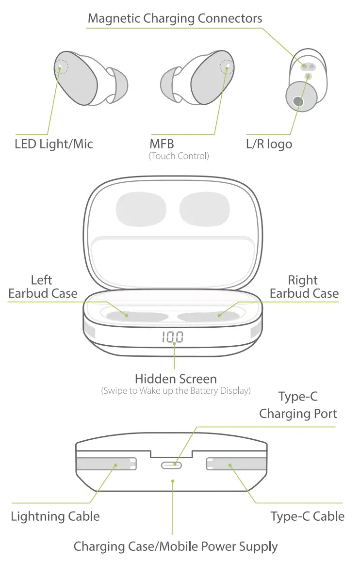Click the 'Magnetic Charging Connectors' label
(175, 19)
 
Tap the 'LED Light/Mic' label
(54, 144)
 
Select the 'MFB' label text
(162, 144)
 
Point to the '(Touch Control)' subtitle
(179, 156)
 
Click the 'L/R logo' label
(269, 144)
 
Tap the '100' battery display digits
(173, 337)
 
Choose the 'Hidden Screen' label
(176, 379)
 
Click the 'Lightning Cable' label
(55, 516)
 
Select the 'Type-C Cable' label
(308, 516)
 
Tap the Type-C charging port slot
(172, 465)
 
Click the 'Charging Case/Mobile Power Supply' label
(176, 547)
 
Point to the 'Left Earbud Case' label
(43, 287)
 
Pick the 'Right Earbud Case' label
(304, 287)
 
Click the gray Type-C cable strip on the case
(236, 465)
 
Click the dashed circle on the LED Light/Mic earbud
(62, 67)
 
